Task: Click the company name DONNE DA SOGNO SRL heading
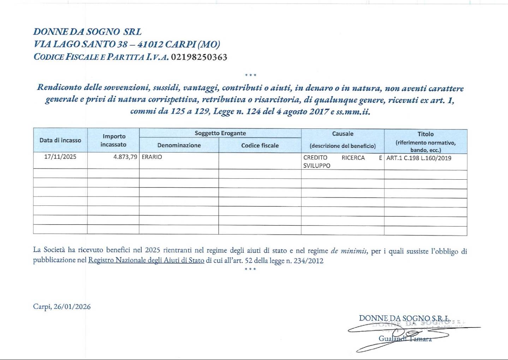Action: (x=87, y=32)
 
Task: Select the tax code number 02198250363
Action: (x=199, y=57)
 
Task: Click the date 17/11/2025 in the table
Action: (x=60, y=157)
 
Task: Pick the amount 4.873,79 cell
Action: (x=125, y=157)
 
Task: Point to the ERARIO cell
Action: (x=152, y=157)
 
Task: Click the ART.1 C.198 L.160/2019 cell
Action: (x=419, y=158)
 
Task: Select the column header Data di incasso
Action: (x=60, y=140)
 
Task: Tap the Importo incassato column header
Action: (x=113, y=140)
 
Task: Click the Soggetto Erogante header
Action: (x=220, y=133)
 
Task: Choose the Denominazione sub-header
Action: (x=179, y=145)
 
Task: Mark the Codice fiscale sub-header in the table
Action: (x=260, y=145)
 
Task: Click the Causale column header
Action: (x=342, y=134)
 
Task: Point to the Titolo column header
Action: (x=425, y=134)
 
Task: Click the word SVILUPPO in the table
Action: (x=317, y=166)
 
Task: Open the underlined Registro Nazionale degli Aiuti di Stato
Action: (x=146, y=260)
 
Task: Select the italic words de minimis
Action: (x=348, y=251)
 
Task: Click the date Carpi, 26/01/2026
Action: (x=62, y=307)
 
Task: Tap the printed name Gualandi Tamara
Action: (x=405, y=339)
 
